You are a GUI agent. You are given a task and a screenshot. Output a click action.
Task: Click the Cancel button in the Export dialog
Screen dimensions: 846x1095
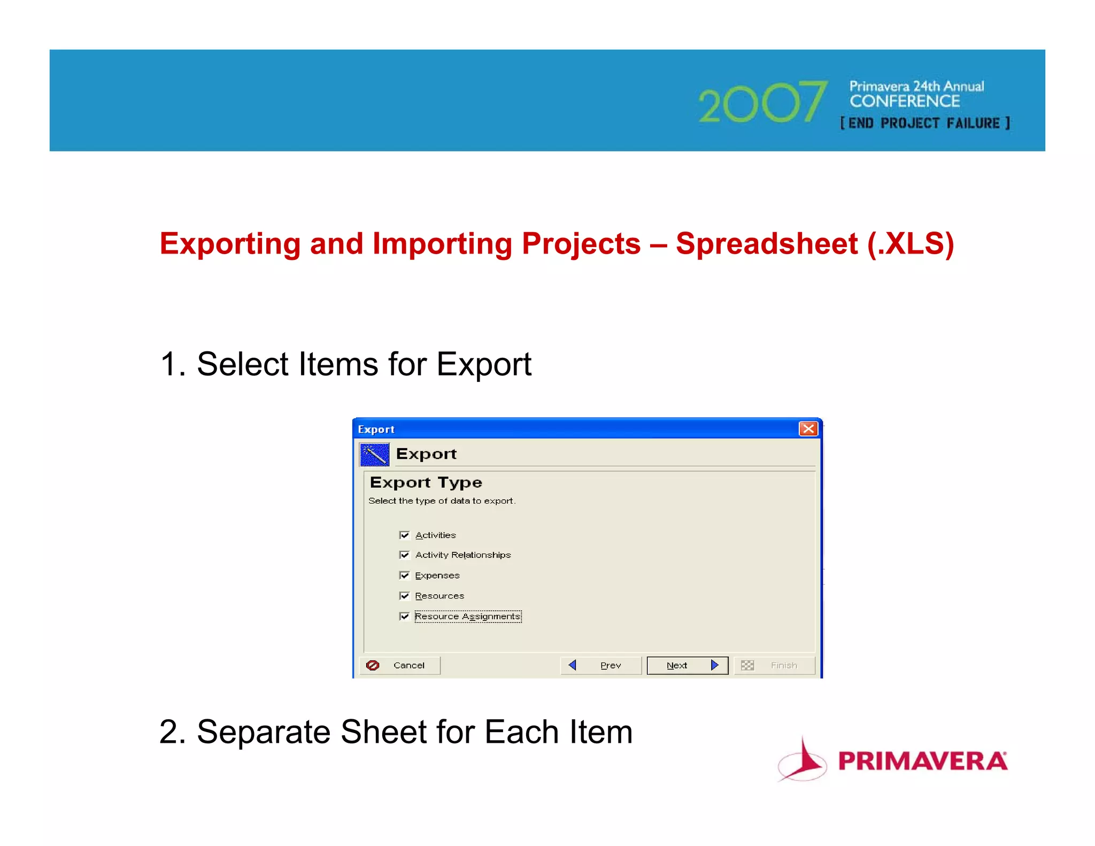(x=399, y=665)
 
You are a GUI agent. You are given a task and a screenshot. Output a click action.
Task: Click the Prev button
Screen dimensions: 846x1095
(x=601, y=665)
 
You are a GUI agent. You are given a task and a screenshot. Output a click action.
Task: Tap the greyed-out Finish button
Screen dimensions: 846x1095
(x=774, y=665)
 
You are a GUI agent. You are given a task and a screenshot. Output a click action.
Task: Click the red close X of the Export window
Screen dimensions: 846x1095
(x=808, y=429)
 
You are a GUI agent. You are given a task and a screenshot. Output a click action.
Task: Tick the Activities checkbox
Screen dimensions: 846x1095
(x=404, y=535)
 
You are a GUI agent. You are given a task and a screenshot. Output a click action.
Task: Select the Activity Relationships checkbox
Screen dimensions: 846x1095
(x=404, y=555)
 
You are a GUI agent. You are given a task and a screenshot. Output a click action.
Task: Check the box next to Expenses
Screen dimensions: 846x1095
(x=404, y=575)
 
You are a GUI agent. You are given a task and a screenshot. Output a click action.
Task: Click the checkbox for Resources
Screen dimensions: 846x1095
(x=404, y=596)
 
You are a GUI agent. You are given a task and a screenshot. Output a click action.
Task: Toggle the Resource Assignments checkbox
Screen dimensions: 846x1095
(x=404, y=617)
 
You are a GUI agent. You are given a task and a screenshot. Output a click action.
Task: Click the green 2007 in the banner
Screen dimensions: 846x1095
(x=762, y=103)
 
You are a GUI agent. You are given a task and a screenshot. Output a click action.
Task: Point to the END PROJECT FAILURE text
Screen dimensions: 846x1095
(x=925, y=124)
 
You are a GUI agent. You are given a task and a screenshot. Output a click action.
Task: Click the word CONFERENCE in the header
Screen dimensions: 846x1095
(x=905, y=101)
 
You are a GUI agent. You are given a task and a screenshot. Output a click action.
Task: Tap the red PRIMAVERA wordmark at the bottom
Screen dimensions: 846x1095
(x=922, y=761)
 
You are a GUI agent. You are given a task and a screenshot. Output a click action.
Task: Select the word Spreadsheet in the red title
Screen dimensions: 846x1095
(x=766, y=244)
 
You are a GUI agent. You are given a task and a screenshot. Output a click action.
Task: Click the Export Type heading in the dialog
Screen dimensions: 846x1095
(x=426, y=482)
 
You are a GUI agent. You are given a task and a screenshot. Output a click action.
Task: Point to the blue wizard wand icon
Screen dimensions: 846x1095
(x=374, y=455)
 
